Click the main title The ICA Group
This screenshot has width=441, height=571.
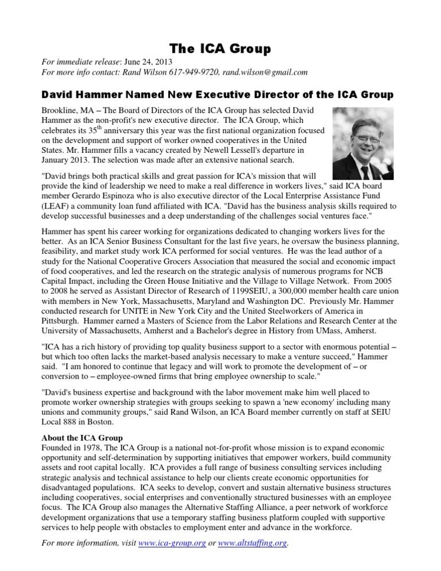tap(220, 49)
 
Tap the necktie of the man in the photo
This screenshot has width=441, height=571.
tap(365, 167)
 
